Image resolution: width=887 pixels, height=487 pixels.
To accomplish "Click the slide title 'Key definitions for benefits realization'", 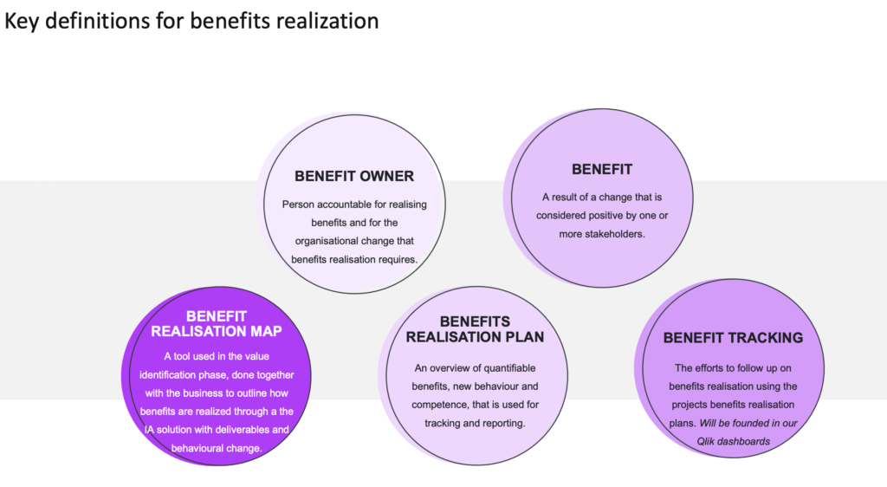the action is [191, 22].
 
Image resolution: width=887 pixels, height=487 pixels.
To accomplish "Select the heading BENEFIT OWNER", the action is [354, 177].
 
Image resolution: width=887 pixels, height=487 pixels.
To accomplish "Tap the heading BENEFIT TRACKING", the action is [733, 338].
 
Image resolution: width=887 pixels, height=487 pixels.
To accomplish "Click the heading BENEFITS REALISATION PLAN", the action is [476, 329].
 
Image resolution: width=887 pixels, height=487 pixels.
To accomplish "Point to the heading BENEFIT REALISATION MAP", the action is [216, 323].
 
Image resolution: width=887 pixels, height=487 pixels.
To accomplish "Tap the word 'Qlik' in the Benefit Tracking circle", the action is [707, 442].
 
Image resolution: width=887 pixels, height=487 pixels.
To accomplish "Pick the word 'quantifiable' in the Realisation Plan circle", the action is [508, 368].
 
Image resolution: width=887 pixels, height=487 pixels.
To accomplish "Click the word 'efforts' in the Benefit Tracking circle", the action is [710, 368].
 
